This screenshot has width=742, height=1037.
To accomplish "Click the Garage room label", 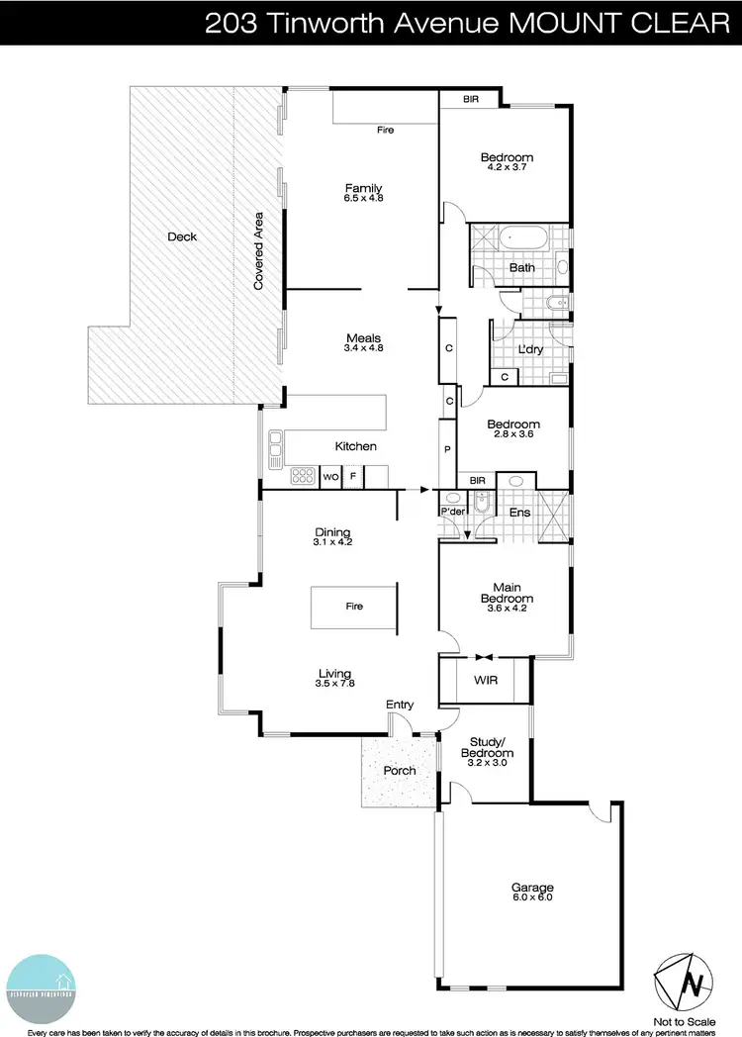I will pos(531,888).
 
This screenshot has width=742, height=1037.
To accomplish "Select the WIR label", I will pos(485,681).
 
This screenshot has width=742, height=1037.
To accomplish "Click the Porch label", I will pos(400,770).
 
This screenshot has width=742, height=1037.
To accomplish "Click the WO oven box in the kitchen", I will pos(331,477).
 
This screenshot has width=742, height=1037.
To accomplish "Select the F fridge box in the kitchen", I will pos(353,477).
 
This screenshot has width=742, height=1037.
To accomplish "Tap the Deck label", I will pos(182,236).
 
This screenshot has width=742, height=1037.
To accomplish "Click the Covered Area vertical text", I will pos(258,250).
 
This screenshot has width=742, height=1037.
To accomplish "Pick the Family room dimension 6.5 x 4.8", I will pos(363,199).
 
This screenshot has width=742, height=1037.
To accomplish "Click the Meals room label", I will pos(363,337).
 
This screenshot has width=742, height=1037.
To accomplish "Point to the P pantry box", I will pos(448,449).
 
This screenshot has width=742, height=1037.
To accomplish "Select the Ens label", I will pos(519,513).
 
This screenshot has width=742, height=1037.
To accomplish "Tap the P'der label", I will pos(453,511).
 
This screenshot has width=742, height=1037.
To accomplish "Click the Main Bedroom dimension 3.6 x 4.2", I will pos(507,609).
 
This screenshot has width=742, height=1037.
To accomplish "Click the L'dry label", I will pos(531,351).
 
